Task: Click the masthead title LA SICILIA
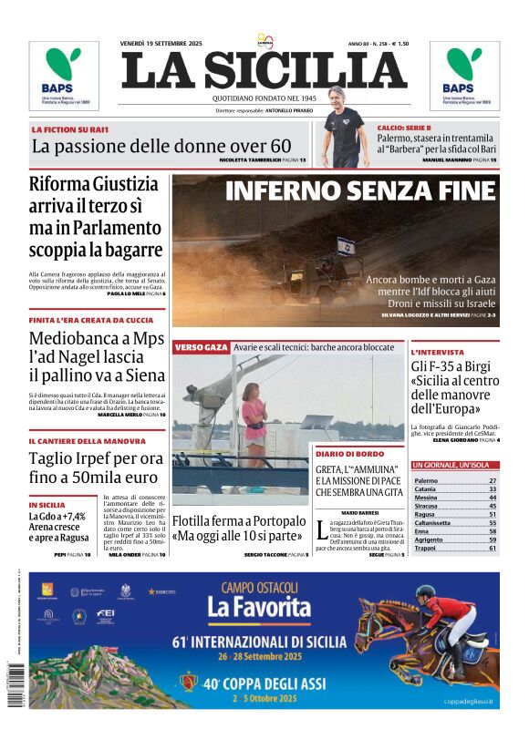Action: [x=264, y=70]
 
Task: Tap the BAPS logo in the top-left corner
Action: [x=63, y=75]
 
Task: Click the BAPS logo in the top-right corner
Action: [x=464, y=75]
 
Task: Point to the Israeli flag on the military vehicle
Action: [x=345, y=246]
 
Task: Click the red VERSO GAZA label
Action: [x=201, y=347]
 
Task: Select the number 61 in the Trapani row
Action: [x=493, y=548]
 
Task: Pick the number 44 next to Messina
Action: [x=493, y=498]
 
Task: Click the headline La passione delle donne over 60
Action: [x=161, y=146]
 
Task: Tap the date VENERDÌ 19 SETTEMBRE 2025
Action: [x=161, y=44]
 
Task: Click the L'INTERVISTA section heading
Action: [x=437, y=352]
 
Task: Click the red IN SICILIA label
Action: [x=47, y=504]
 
